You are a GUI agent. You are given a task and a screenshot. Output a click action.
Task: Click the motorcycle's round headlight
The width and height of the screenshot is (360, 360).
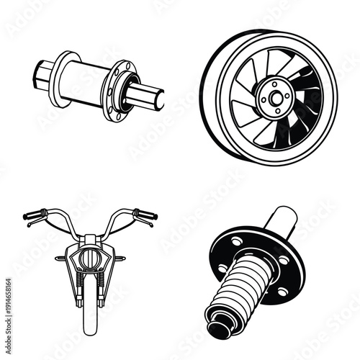90,256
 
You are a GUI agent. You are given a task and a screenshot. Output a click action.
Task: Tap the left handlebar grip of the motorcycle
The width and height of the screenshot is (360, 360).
32,214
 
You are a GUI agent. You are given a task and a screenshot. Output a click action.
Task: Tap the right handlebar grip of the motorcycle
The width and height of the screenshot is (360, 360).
147,214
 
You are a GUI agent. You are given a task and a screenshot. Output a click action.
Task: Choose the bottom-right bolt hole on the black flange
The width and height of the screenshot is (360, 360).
282,291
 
